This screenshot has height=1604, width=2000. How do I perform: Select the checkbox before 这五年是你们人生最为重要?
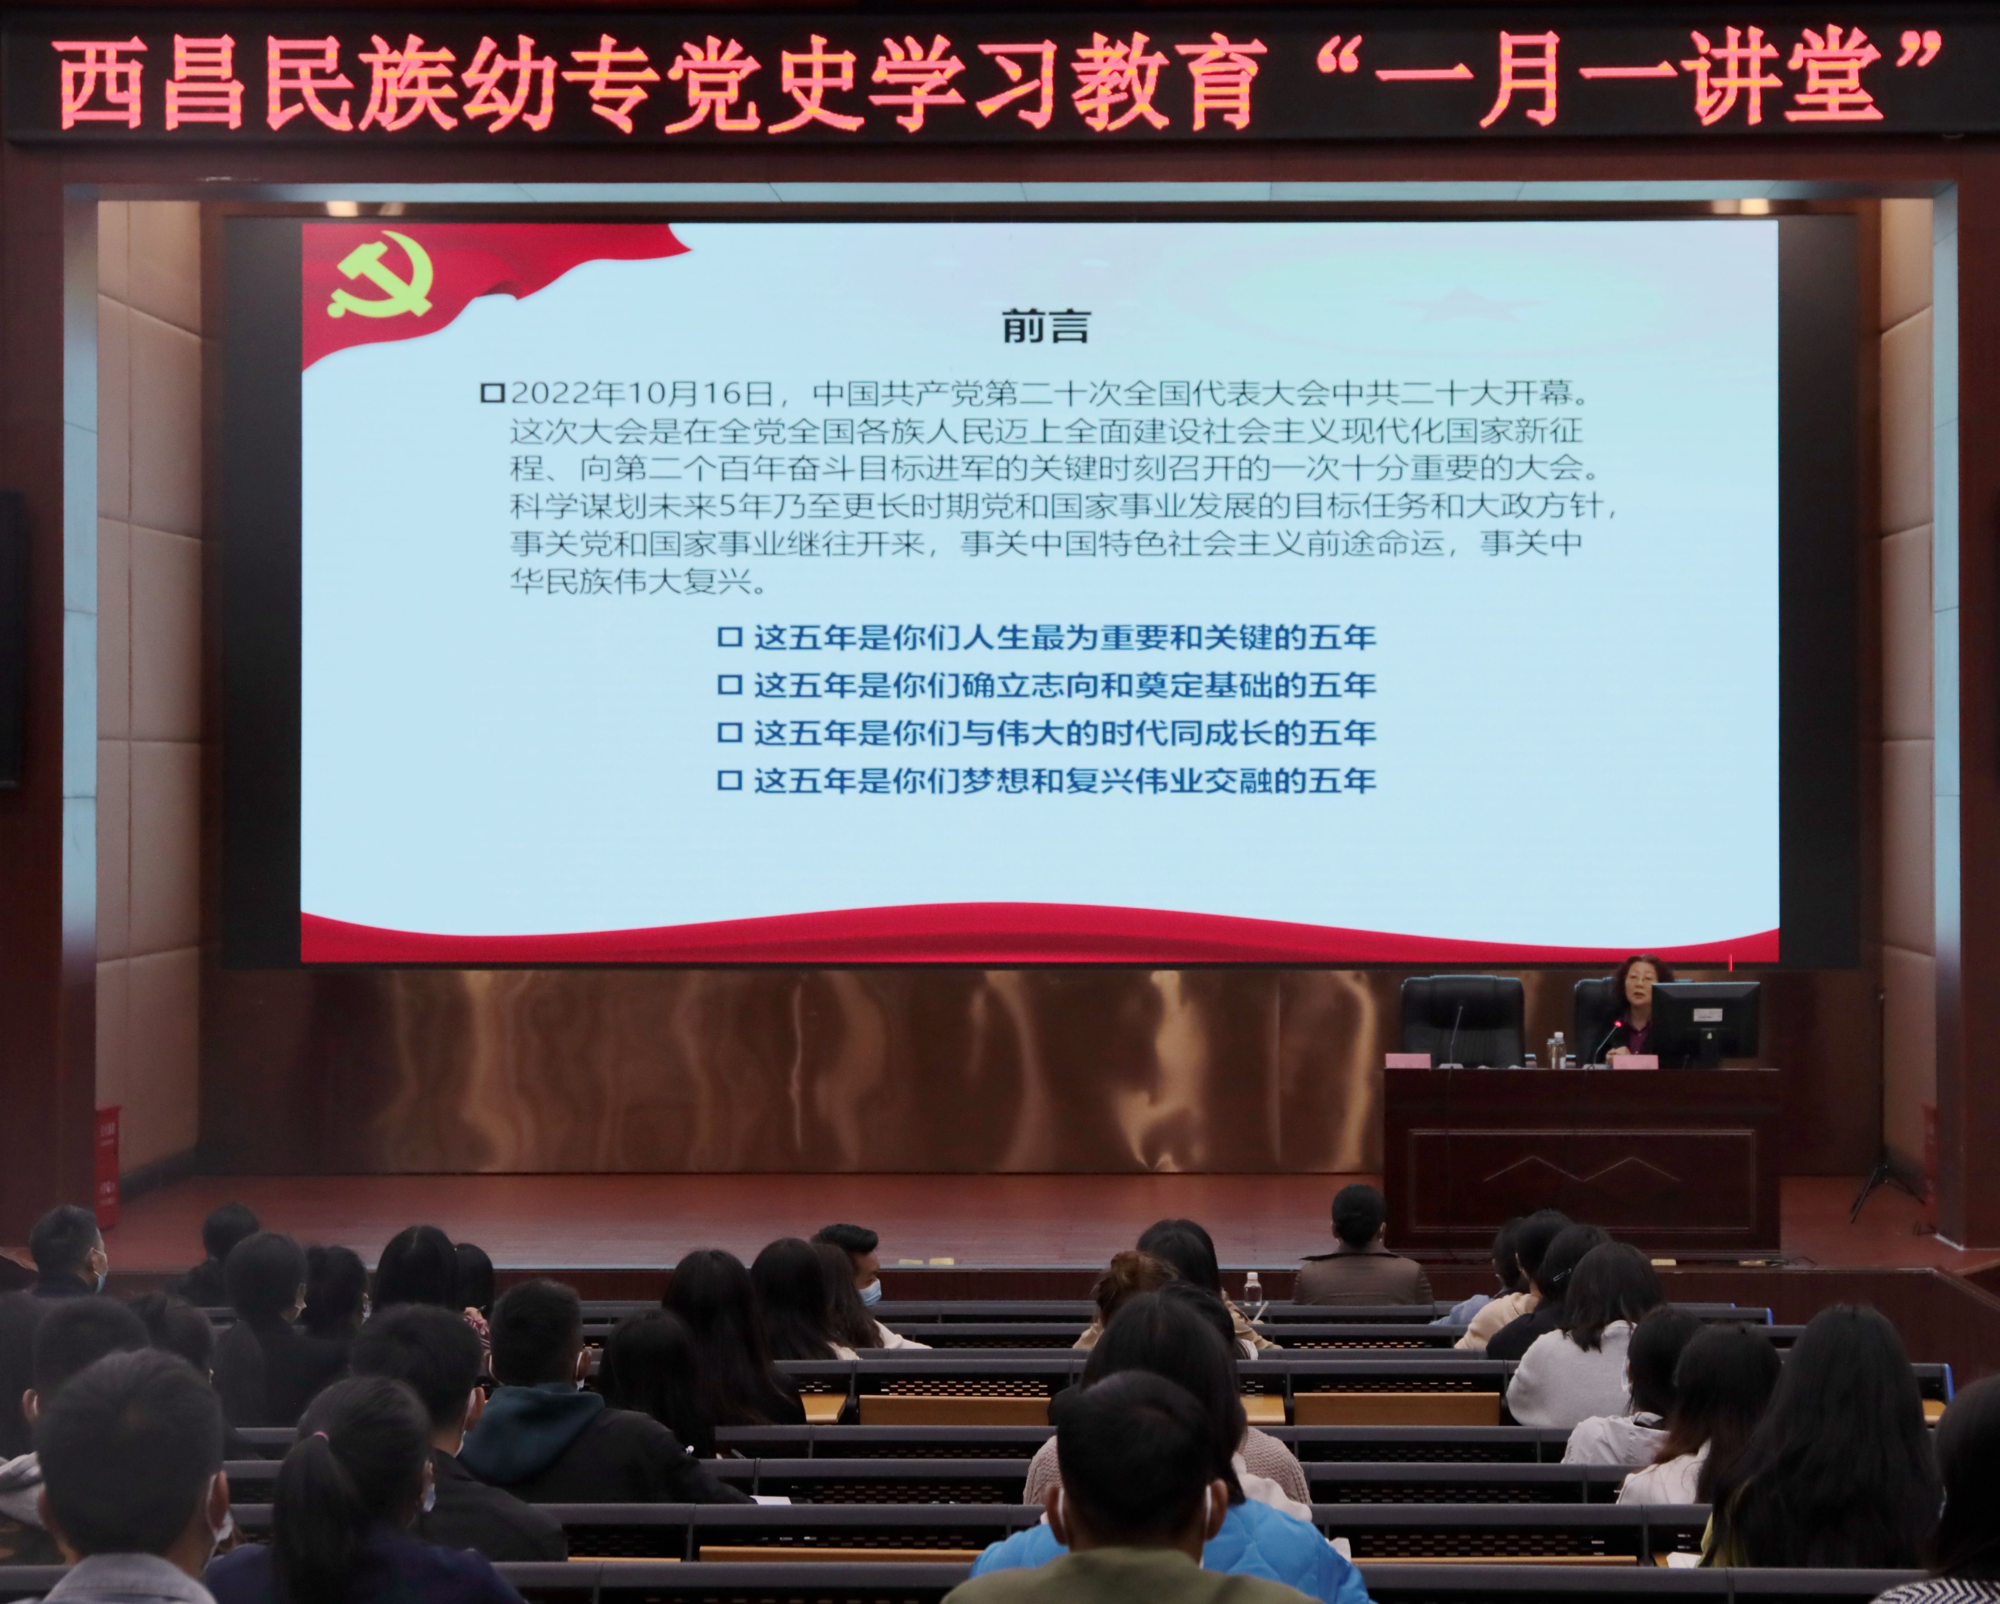[x=730, y=637]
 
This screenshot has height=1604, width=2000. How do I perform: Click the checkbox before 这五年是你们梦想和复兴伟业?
[x=730, y=780]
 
